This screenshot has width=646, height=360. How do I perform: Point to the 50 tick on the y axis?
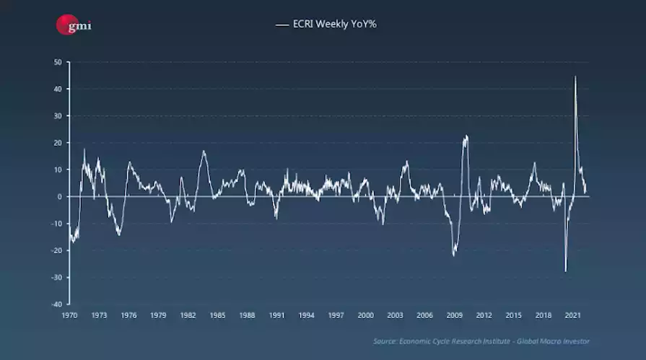tap(58, 62)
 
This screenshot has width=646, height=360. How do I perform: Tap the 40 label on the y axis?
tap(58, 89)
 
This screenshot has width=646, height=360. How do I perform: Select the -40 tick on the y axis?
tap(56, 304)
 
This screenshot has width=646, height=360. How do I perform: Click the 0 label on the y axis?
tap(60, 196)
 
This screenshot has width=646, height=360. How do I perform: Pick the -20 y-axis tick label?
tap(56, 250)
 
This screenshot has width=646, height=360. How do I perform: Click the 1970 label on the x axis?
tap(69, 315)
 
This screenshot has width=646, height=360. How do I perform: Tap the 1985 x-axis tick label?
tap(217, 315)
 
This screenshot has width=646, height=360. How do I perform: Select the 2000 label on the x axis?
tap(365, 315)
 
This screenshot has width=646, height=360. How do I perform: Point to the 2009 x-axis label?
tap(454, 315)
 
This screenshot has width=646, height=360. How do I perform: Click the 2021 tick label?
tap(572, 315)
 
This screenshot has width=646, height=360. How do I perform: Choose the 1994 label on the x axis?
tap(306, 315)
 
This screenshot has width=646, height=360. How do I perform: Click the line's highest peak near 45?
tap(575, 76)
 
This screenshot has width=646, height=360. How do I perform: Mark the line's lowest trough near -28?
tap(566, 271)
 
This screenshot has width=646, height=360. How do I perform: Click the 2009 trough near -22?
tap(454, 255)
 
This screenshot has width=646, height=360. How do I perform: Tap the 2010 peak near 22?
tap(466, 136)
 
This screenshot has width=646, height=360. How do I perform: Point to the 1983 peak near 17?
tap(204, 151)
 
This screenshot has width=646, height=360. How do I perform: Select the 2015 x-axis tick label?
tap(513, 315)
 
